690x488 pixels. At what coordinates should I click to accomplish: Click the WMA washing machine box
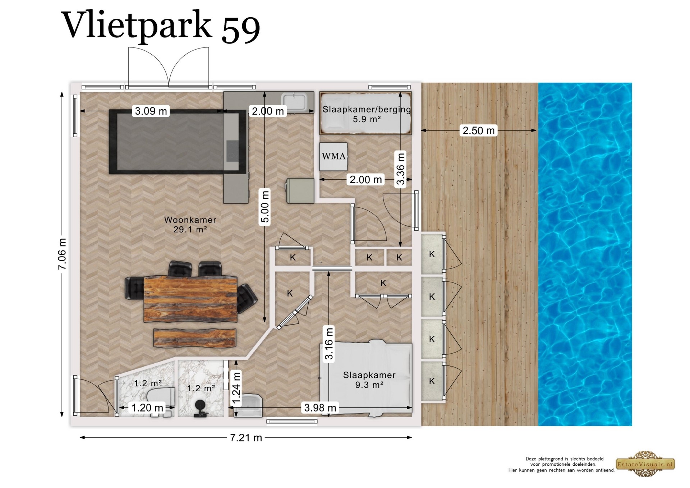[x=333, y=156]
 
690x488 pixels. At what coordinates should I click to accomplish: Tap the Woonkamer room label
[x=190, y=220]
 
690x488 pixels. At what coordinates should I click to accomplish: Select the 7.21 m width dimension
[x=246, y=438]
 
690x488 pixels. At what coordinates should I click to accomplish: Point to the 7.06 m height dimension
[x=62, y=254]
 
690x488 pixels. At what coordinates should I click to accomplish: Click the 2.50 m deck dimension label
[x=479, y=130]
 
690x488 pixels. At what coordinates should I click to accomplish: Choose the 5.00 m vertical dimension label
[x=265, y=207]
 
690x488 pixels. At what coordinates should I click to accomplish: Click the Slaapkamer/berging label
[x=367, y=109]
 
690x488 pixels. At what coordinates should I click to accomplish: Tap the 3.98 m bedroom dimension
[x=320, y=408]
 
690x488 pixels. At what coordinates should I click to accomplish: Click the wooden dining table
[x=190, y=299]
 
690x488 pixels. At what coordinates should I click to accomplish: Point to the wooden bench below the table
[x=195, y=338]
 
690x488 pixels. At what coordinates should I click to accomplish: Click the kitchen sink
[x=294, y=102]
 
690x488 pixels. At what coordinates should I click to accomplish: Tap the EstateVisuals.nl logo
[x=645, y=464]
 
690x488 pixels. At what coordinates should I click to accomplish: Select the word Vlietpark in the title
[x=138, y=25]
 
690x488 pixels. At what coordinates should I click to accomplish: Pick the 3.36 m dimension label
[x=400, y=169]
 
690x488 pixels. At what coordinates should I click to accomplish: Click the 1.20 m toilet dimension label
[x=147, y=408]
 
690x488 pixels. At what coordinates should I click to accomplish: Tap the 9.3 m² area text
[x=369, y=385]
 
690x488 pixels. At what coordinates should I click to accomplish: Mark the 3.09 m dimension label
[x=151, y=111]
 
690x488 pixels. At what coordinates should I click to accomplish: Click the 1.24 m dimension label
[x=236, y=389]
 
